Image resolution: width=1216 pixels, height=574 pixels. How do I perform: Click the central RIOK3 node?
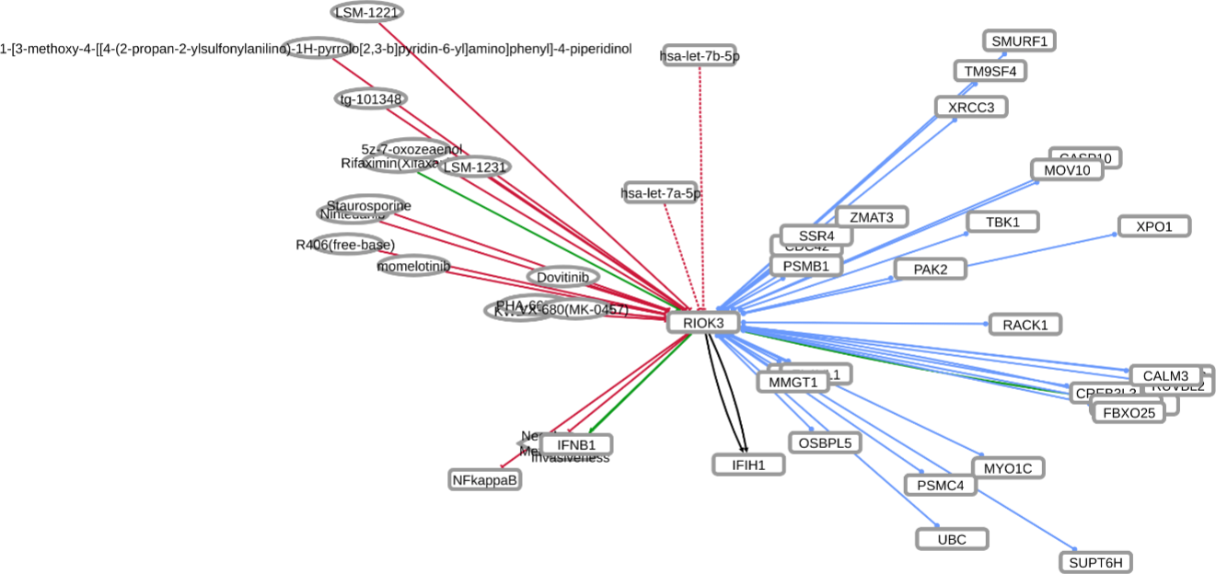[x=703, y=322]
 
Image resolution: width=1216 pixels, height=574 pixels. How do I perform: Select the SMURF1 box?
[x=1019, y=40]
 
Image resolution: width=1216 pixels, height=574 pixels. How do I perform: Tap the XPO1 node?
[x=1154, y=225]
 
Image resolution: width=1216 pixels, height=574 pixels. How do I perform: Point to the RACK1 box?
[x=1025, y=324]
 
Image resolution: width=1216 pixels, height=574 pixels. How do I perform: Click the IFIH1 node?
[x=749, y=465]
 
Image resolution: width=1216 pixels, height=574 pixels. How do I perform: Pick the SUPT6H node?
[x=1094, y=562]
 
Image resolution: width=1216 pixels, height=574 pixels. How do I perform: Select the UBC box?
[x=952, y=539]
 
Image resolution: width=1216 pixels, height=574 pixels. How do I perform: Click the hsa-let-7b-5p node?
[x=700, y=56]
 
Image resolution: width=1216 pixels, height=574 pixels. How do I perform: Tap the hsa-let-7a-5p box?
[x=660, y=193]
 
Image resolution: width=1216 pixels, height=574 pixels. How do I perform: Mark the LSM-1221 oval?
[x=367, y=12]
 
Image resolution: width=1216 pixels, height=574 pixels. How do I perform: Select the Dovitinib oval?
[x=563, y=276]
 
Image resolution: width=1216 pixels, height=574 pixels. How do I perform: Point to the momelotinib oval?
[x=413, y=266]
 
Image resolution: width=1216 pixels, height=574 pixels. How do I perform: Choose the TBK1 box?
[x=1002, y=222]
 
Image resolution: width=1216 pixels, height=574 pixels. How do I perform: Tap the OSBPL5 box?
[x=825, y=442]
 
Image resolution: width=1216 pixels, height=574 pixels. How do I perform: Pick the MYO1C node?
[x=1008, y=468]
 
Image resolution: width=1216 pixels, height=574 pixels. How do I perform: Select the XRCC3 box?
[x=971, y=107]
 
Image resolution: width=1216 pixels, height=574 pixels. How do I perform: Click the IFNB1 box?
[x=576, y=444]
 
